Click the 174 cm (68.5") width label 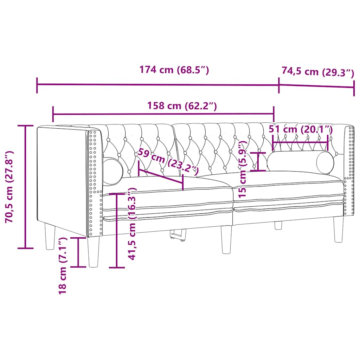(174, 70)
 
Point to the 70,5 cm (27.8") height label (9, 187)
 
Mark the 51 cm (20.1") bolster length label (301, 129)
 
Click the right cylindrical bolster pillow (301, 162)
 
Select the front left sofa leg (94, 251)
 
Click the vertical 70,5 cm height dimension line (25, 187)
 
